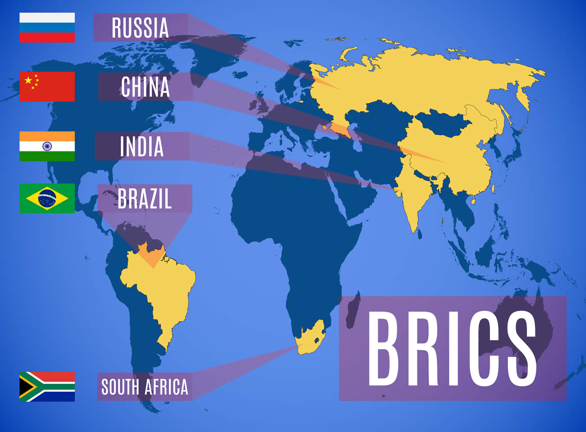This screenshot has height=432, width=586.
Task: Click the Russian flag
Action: click(x=47, y=27)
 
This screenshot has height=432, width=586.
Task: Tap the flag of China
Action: click(x=47, y=86)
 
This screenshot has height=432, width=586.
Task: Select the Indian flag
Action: click(x=47, y=146)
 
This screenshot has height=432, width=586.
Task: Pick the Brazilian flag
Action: click(x=47, y=198)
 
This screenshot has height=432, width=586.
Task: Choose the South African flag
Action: click(x=47, y=387)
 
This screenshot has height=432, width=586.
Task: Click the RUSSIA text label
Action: click(x=140, y=28)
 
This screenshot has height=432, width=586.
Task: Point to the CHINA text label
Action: click(x=145, y=87)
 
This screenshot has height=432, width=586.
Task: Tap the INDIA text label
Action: click(x=142, y=146)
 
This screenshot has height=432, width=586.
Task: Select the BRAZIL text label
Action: click(x=145, y=199)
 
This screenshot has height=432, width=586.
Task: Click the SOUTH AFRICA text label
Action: click(x=144, y=387)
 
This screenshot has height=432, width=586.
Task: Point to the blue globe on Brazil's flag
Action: click(x=47, y=198)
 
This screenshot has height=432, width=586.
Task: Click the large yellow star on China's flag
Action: click(x=28, y=80)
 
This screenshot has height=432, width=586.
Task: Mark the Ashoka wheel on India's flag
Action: click(x=47, y=146)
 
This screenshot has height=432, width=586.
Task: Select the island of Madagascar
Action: click(x=353, y=311)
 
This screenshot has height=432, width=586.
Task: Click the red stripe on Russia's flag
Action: click(x=47, y=37)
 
